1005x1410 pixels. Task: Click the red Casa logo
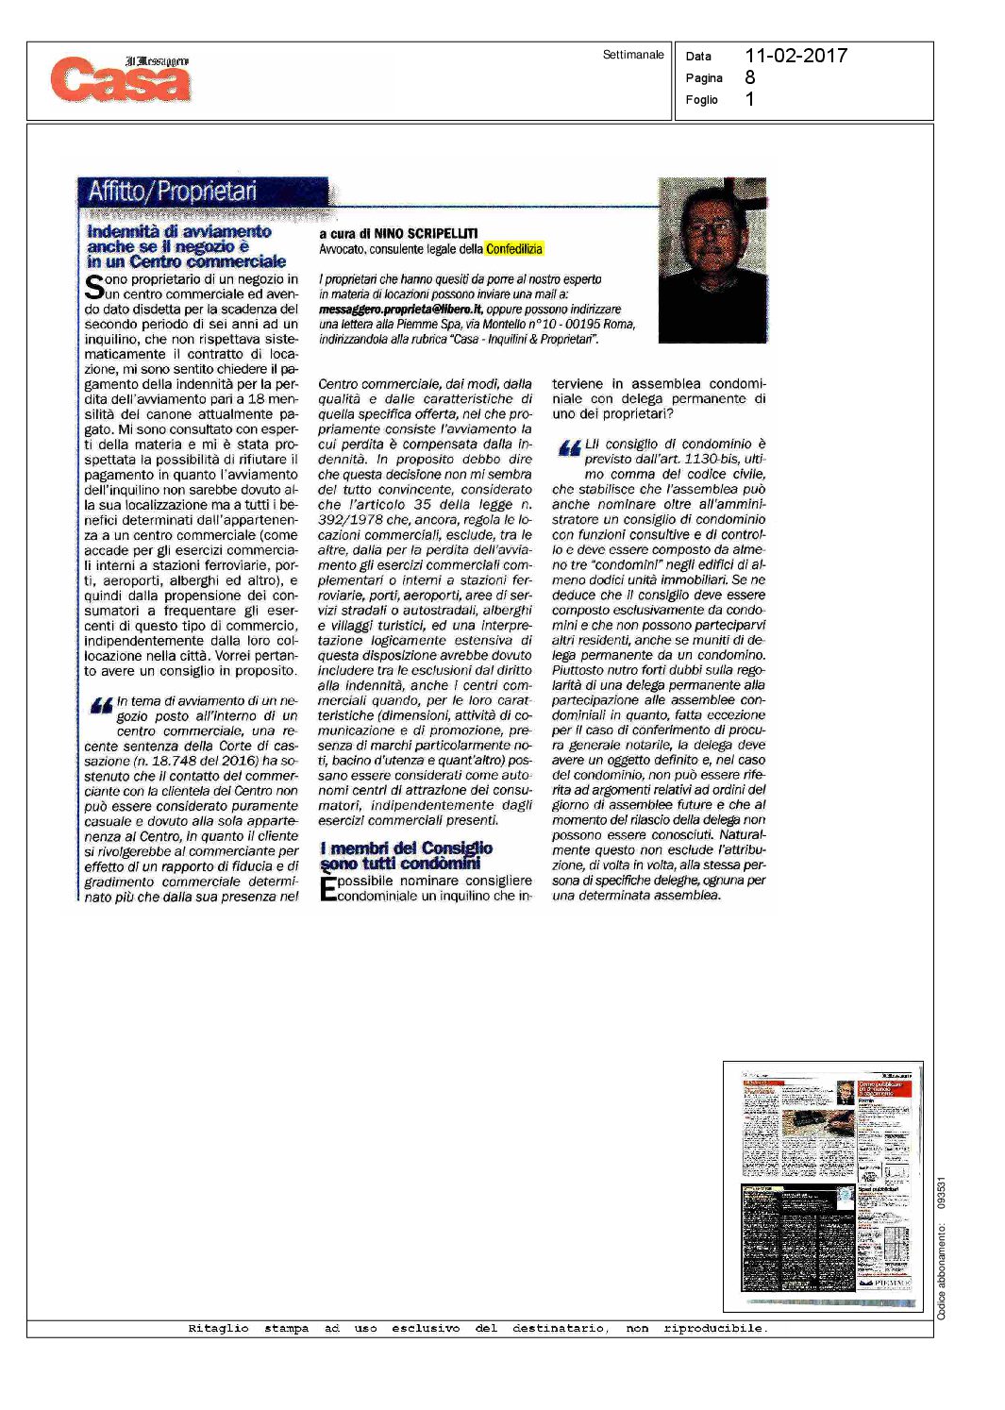pos(121,79)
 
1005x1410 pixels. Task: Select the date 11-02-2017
pos(796,56)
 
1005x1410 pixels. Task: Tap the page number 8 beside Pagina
pos(750,78)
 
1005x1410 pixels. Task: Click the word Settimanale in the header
pos(633,55)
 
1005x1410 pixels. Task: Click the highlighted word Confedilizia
pos(514,249)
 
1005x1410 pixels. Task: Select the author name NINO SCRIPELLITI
pos(426,233)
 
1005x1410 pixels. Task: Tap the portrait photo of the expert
pos(712,260)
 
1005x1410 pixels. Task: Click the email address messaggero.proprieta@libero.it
pos(401,309)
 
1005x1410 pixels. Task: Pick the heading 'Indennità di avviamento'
pos(179,231)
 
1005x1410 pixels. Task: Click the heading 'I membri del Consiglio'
pos(406,848)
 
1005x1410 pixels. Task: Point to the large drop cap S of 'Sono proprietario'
pos(93,287)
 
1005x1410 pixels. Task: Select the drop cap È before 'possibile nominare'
pos(327,889)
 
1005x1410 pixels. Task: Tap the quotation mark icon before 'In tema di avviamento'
pos(101,706)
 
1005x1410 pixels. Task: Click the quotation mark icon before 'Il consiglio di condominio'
pos(569,448)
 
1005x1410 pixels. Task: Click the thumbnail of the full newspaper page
pos(823,1185)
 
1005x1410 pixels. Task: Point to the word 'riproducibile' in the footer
pos(714,1328)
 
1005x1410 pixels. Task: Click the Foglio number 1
pos(750,100)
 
